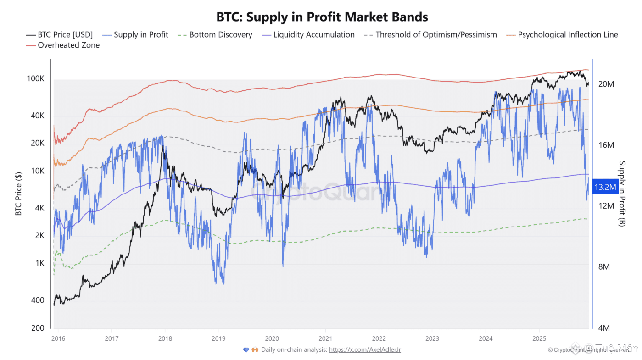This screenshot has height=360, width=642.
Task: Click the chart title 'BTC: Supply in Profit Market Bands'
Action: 322,17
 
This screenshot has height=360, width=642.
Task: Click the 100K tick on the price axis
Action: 35,79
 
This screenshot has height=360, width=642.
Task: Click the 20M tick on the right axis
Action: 606,84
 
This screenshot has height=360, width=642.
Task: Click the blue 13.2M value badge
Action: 605,187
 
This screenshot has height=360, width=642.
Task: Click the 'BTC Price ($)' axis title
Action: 19,193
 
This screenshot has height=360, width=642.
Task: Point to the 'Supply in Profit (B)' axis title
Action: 623,193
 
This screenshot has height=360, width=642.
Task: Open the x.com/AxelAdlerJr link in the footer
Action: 365,350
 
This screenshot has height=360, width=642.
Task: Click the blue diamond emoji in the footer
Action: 246,350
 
